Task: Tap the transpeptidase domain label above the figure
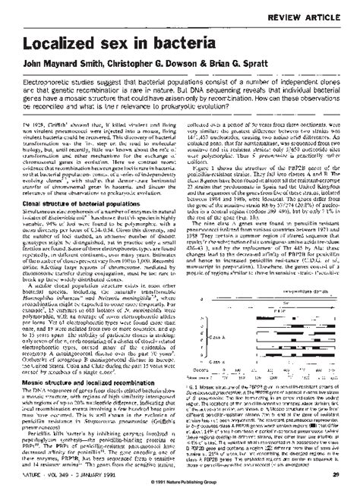(293, 269)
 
